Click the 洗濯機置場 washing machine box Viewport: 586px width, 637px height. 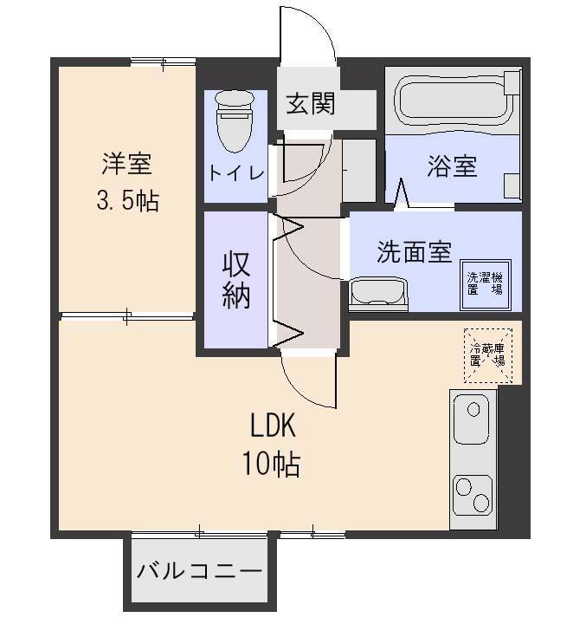[x=485, y=285]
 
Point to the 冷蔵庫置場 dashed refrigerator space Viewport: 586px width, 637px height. [x=487, y=355]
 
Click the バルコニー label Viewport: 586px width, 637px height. [x=199, y=572]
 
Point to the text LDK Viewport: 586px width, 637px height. [x=273, y=426]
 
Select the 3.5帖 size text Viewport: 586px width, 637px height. [x=127, y=202]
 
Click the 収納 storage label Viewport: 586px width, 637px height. [x=235, y=278]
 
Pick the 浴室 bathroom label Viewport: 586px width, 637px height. [x=451, y=166]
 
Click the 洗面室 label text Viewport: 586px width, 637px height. [x=414, y=252]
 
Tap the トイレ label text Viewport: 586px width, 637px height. [x=235, y=172]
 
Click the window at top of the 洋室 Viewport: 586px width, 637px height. [x=162, y=61]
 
